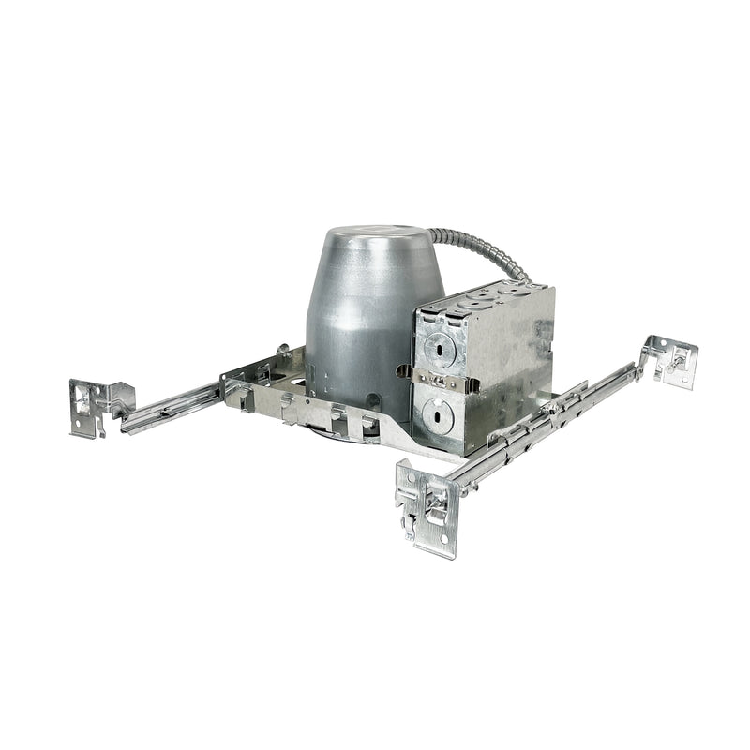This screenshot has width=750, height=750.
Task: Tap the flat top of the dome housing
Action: coord(375,235)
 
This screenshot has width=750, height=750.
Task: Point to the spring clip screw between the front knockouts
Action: coord(437,380)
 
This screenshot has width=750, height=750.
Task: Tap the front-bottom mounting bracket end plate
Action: coord(427,505)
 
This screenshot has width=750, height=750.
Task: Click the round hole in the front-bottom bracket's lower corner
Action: coord(441,544)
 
